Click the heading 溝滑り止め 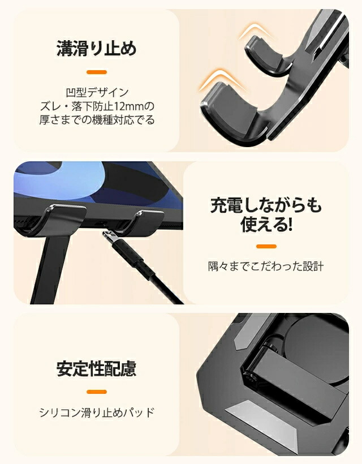coord(96,48)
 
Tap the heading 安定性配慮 coord(96,368)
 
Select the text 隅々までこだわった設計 coord(266,267)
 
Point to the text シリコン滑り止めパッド coord(97,412)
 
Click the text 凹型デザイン coord(97,92)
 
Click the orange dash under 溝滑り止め coord(97,72)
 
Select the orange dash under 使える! coord(266,246)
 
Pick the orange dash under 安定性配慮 coord(97,392)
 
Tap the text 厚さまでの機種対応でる coord(97,120)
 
